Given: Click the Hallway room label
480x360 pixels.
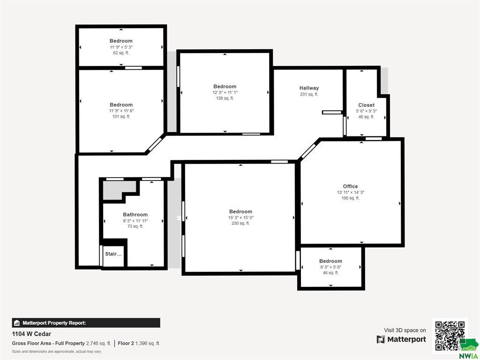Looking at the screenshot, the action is [309, 88].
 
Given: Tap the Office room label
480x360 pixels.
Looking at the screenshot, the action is [350, 187].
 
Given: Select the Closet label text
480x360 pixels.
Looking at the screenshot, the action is [366, 105].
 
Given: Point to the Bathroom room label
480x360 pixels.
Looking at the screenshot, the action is [135, 215].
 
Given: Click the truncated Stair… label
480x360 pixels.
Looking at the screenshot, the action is [113, 254].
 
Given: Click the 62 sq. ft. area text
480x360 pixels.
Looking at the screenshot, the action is [121, 53].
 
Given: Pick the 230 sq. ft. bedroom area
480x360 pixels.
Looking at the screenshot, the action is [240, 224].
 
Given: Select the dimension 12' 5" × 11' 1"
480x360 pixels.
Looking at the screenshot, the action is [225, 92].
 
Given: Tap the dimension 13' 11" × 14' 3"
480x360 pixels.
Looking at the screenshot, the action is [351, 193].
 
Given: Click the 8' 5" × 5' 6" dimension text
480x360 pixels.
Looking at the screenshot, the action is [330, 267].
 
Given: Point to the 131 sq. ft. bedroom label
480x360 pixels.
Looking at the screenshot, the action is [121, 117].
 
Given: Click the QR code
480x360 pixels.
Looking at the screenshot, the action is [450, 335].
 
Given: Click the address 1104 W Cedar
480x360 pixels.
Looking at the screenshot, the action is [31, 334].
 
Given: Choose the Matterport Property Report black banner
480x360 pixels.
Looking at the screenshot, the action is [86, 323].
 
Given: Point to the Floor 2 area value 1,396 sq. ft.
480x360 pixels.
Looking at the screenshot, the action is [148, 344].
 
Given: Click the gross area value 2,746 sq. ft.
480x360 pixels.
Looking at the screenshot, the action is [98, 344].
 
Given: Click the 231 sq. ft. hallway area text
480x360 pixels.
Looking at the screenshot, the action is [309, 94].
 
